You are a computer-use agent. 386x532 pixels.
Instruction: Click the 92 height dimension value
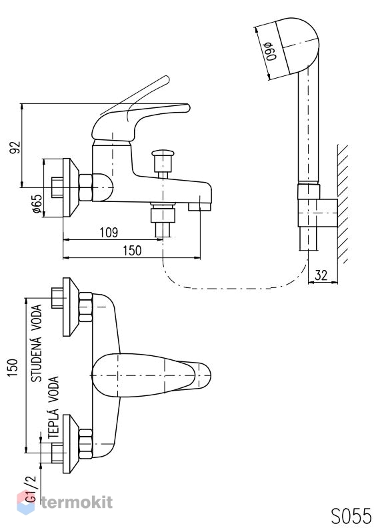[15, 147]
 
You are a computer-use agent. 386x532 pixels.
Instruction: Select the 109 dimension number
[109, 233]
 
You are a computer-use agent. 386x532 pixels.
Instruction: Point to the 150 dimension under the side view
[132, 251]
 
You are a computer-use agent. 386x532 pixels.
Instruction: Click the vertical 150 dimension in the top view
[12, 368]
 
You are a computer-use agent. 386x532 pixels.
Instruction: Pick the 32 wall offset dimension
[321, 275]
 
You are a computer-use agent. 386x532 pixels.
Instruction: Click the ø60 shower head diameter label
[271, 51]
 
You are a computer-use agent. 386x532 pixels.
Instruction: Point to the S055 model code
[351, 516]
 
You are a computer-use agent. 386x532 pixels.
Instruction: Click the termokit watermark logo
[65, 503]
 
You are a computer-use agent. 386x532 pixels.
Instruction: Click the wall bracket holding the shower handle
[317, 213]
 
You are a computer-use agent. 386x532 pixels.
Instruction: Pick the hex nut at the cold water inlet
[85, 307]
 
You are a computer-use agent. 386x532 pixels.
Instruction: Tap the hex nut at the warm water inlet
[85, 443]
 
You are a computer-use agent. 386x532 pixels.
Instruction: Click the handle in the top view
[151, 375]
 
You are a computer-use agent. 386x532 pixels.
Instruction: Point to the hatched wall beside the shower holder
[343, 203]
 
